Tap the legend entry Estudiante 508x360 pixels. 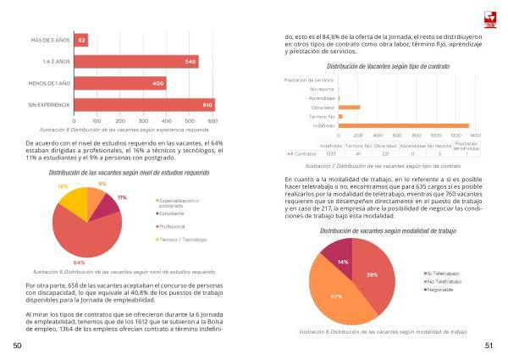172,214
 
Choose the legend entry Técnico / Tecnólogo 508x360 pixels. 182,240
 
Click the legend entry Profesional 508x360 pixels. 174,227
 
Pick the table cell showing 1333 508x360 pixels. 330,153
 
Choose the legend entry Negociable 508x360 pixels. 441,289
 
